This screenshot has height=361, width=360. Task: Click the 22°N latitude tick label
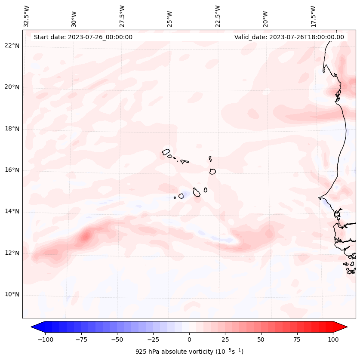tap(12, 46)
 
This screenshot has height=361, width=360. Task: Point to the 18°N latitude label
tap(12, 129)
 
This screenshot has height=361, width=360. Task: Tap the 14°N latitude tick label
tap(12, 211)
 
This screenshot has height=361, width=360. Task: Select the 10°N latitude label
tap(12, 294)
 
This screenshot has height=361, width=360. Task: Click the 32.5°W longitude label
tap(27, 16)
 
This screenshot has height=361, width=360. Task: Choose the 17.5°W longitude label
tap(313, 16)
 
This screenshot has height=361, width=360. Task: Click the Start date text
tap(83, 37)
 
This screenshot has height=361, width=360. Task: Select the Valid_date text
tap(289, 37)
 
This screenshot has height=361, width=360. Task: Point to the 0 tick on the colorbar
tap(189, 339)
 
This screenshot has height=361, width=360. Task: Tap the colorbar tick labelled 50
tap(261, 339)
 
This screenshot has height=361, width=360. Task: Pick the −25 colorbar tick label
tap(153, 339)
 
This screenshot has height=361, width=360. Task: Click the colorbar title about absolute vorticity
tap(189, 352)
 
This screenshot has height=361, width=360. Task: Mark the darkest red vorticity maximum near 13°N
tap(86, 236)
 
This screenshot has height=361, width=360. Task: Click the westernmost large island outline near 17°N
tap(166, 151)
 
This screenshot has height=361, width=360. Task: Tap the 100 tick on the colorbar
tap(332, 339)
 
